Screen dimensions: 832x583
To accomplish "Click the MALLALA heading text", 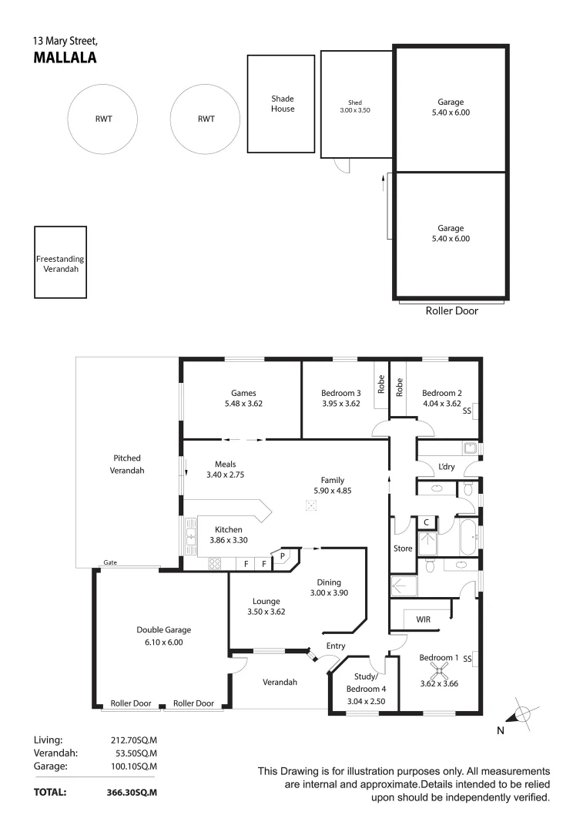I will (x=65, y=56).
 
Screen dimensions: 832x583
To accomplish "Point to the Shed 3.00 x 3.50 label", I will (x=355, y=106).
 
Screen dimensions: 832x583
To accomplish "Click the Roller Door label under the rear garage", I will (x=451, y=311).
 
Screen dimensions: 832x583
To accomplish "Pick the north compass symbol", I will (x=521, y=713).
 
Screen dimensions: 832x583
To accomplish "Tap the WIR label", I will (x=423, y=619).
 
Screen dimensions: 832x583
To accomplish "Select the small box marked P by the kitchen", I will (x=282, y=555).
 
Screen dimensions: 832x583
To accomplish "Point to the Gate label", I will (x=110, y=563).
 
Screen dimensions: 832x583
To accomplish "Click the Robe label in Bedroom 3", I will (x=380, y=384).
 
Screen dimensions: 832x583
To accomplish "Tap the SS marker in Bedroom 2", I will (x=467, y=411).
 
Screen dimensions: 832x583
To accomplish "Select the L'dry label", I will (x=446, y=468).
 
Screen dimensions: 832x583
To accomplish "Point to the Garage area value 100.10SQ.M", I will (x=134, y=766).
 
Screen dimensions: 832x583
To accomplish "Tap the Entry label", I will (x=336, y=646).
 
